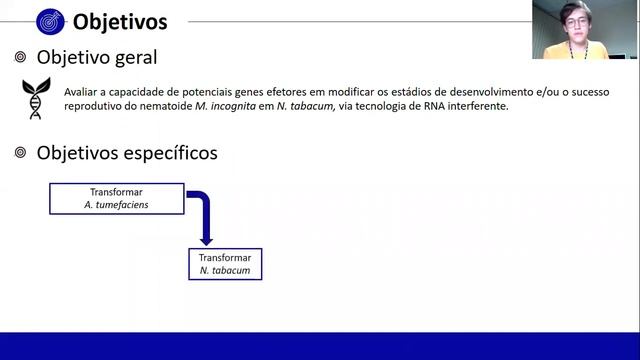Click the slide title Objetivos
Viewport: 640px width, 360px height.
pyautogui.click(x=120, y=20)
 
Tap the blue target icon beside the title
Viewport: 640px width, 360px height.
pyautogui.click(x=50, y=20)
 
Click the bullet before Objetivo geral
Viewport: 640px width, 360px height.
pyautogui.click(x=20, y=58)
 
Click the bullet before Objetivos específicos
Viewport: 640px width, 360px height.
pyautogui.click(x=20, y=153)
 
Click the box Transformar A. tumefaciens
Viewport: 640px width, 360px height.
pyautogui.click(x=117, y=198)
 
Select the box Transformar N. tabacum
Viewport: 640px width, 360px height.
pyautogui.click(x=224, y=264)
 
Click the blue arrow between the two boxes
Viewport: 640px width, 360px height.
pyautogui.click(x=204, y=215)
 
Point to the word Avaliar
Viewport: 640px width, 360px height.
pyautogui.click(x=79, y=91)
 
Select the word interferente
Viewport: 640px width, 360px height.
pyautogui.click(x=477, y=106)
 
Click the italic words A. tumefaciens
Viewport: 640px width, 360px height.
pyautogui.click(x=117, y=205)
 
